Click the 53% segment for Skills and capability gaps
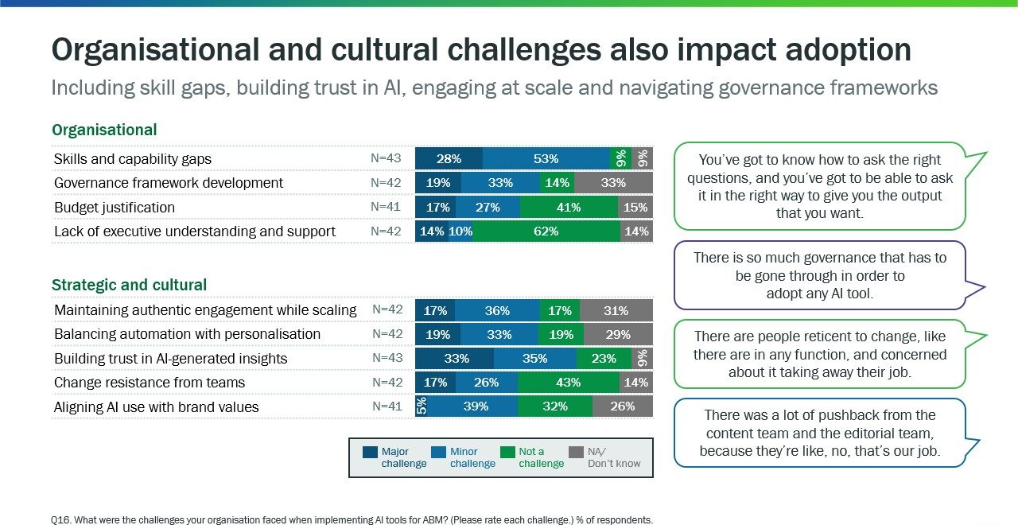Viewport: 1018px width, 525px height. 546,158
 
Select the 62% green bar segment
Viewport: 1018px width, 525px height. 546,231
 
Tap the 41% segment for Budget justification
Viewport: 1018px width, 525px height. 569,208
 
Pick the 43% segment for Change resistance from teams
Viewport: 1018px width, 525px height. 568,383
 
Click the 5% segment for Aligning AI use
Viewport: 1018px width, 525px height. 422,406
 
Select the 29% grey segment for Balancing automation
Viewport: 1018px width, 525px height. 617,334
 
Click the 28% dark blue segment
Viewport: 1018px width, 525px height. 449,158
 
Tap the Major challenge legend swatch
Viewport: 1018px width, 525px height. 370,452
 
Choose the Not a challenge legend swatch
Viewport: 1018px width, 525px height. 507,452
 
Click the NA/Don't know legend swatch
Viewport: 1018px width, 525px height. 577,452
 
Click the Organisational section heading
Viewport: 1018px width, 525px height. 104,130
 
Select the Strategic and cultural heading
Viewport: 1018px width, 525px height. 129,285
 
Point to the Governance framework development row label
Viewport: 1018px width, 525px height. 169,183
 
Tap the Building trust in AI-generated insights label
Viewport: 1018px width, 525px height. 170,359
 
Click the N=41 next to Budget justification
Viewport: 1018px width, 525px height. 386,207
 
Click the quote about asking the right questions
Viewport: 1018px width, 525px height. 819,186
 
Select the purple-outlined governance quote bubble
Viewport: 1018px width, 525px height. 819,275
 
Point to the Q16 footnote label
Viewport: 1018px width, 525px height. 60,520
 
